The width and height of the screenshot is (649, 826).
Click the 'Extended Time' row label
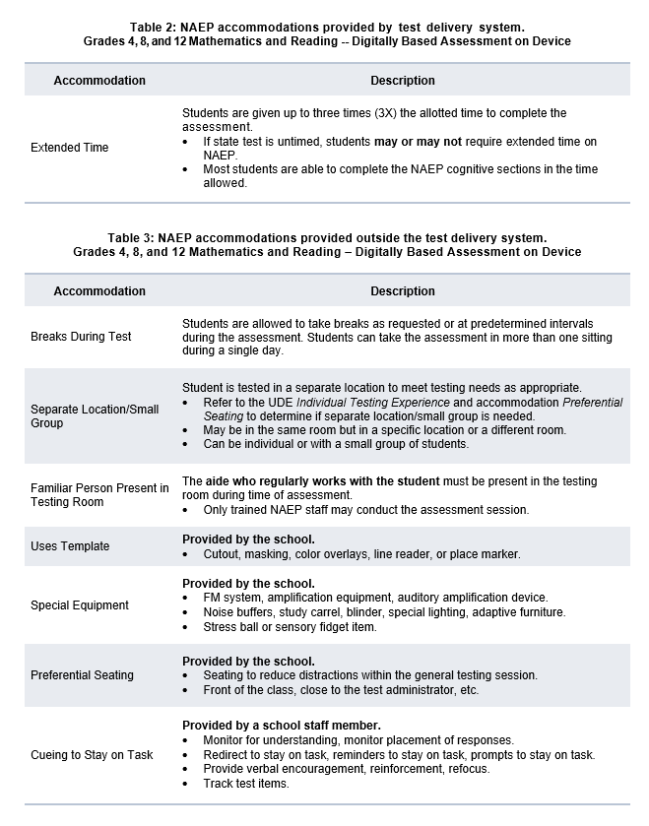coord(70,148)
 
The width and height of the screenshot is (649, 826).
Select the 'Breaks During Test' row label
coord(82,337)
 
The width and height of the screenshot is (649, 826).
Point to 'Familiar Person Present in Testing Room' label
coord(99,495)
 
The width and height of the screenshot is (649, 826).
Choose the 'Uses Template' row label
coord(70,546)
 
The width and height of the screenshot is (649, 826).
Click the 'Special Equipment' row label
coord(80,605)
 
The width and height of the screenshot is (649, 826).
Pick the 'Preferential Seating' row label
coord(83,675)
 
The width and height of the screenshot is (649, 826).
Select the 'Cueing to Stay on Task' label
coord(92,755)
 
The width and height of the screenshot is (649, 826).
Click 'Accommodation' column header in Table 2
coord(99,81)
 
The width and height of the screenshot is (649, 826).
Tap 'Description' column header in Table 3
coord(403,291)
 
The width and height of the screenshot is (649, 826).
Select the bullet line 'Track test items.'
coord(246,784)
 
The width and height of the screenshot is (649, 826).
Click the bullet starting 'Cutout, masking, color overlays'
coord(361,554)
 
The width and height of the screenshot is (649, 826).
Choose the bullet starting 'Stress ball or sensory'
coord(290,627)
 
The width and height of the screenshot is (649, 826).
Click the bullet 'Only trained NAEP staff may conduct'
coord(365,510)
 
